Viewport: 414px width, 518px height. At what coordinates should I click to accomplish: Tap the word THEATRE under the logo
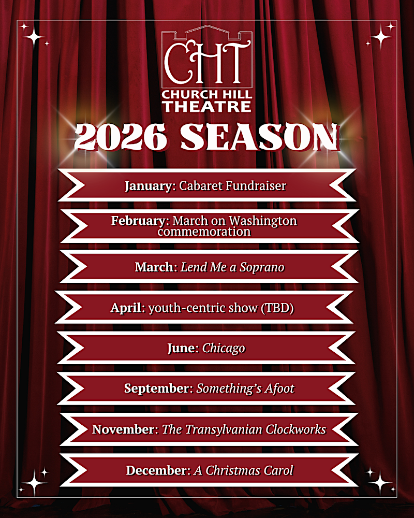pos(207,106)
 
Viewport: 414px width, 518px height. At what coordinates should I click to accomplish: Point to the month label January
pos(148,186)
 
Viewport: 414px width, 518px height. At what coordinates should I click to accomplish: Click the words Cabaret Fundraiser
pos(232,185)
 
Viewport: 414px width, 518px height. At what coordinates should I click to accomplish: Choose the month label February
pos(138,221)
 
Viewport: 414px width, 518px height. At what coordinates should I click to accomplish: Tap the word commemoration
pos(204,232)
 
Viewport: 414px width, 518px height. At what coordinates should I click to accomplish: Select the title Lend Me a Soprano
pos(232,267)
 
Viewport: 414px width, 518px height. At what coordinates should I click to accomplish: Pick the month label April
pos(126,308)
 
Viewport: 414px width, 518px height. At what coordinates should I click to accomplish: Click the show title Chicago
pos(224,349)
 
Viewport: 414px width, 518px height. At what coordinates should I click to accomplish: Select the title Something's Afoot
pos(245,388)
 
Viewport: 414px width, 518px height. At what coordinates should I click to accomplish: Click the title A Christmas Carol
pos(243,470)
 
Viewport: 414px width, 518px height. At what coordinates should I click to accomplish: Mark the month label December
pos(156,470)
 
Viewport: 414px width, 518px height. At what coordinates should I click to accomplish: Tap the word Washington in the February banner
pos(263,221)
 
